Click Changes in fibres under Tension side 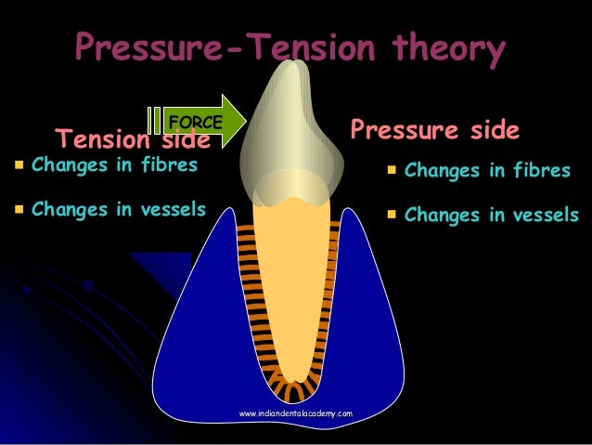coord(114,167)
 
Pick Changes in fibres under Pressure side coord(487,171)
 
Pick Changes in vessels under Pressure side coord(492,216)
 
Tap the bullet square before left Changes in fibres coord(18,167)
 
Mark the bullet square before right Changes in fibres coord(392,171)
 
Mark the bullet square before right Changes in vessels coord(392,216)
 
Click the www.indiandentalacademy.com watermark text coord(295,411)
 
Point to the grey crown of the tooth coord(287,139)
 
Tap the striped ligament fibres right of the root coord(330,288)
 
